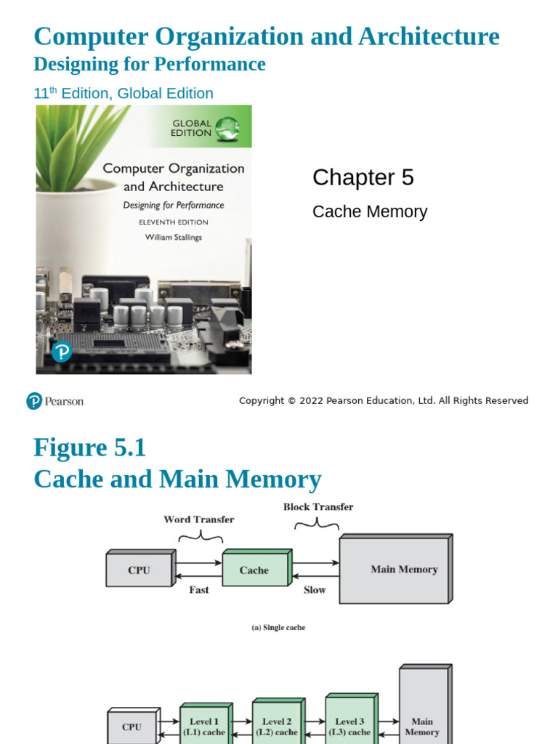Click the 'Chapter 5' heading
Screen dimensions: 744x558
pyautogui.click(x=363, y=177)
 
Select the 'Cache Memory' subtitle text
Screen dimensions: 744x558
pyautogui.click(x=369, y=211)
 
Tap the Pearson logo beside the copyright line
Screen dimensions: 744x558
pyautogui.click(x=55, y=401)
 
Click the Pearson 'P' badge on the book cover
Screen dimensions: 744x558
pyautogui.click(x=62, y=352)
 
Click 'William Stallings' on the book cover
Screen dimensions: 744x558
pyautogui.click(x=173, y=238)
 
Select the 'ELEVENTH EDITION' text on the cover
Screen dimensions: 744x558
pyautogui.click(x=173, y=222)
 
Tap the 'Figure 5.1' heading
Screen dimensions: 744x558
pyautogui.click(x=89, y=448)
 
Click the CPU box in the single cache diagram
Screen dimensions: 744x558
pyautogui.click(x=139, y=570)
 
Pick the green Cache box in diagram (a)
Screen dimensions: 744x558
pyautogui.click(x=254, y=570)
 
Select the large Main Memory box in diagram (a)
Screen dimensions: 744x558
pyautogui.click(x=394, y=570)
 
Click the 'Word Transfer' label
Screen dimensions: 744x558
pyautogui.click(x=198, y=519)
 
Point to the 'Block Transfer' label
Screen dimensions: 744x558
pyautogui.click(x=318, y=507)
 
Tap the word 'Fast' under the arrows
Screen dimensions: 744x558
pyautogui.click(x=198, y=590)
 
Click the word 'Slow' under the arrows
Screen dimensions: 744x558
pyautogui.click(x=315, y=590)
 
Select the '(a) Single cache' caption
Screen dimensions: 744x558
pyautogui.click(x=278, y=628)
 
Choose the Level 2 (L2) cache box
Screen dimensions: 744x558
pyautogui.click(x=276, y=727)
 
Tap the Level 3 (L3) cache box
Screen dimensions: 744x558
pyautogui.click(x=349, y=727)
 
